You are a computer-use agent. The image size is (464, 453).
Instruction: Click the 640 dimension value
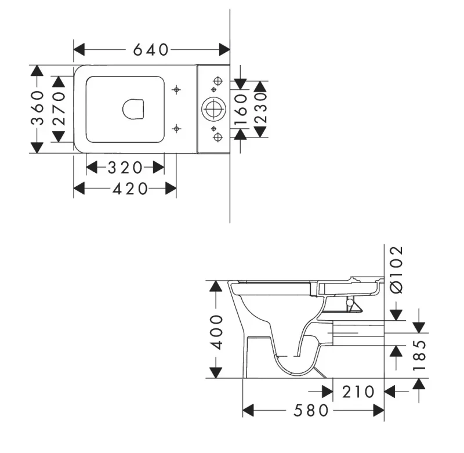tap(151, 50)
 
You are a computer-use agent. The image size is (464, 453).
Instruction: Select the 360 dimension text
tap(38, 108)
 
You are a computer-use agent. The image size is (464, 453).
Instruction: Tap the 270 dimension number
tap(59, 108)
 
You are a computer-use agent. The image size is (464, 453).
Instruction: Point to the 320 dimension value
tap(125, 168)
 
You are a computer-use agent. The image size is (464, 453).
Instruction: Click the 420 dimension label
tap(130, 189)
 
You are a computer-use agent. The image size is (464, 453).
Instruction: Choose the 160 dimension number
tap(241, 109)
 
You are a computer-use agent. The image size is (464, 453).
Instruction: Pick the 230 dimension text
tap(260, 108)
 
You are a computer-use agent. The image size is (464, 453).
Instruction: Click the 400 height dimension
tap(216, 332)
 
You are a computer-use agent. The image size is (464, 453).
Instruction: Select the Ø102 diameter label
tap(397, 270)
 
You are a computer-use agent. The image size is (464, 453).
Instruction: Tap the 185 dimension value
tap(419, 356)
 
